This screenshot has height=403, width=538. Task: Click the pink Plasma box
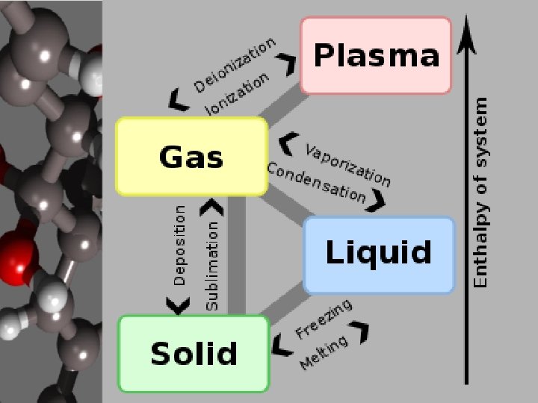(376, 55)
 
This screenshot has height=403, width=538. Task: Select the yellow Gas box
(191, 157)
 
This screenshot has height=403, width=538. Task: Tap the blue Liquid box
(379, 254)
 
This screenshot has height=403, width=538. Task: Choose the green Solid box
(194, 353)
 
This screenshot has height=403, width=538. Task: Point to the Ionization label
(237, 94)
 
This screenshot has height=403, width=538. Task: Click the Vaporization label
(347, 165)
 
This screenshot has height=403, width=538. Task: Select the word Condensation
(316, 183)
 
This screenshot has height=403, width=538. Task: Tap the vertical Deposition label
(179, 245)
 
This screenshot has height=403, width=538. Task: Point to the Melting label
(324, 352)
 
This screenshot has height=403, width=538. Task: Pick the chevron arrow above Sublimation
(212, 204)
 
